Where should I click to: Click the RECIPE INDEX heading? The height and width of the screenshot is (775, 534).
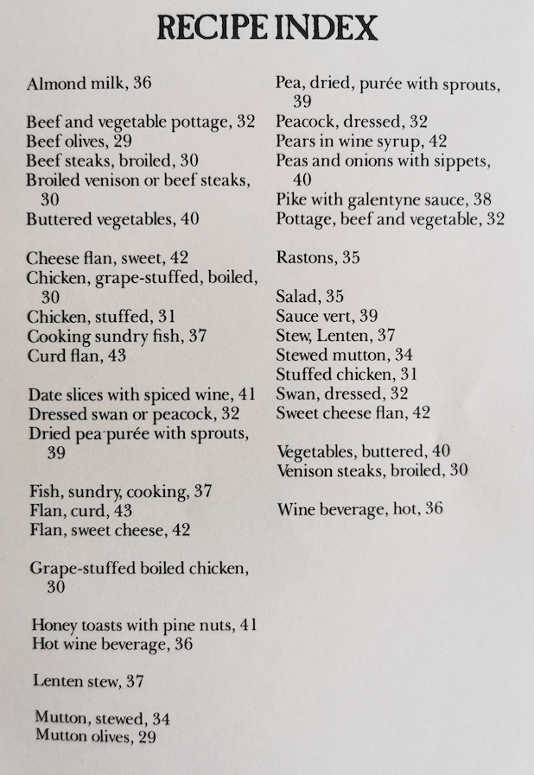[x=267, y=28]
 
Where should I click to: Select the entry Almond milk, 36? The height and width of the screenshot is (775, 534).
[x=89, y=84]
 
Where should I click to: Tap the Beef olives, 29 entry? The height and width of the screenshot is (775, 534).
[x=79, y=142]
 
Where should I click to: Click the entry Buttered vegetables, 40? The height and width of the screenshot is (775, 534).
[x=112, y=219]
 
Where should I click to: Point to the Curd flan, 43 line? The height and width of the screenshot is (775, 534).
[x=76, y=355]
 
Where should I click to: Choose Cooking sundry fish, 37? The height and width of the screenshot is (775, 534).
[x=117, y=336]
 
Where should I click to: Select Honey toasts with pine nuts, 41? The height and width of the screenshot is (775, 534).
[x=144, y=625]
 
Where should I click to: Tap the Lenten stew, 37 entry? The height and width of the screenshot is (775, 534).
[x=88, y=682]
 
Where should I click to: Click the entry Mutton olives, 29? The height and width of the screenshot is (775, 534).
[x=95, y=736]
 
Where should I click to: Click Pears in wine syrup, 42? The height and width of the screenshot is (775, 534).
[x=361, y=142]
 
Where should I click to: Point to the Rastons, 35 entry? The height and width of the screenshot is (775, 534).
[x=318, y=257]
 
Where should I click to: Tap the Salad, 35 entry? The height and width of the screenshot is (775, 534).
[x=309, y=297]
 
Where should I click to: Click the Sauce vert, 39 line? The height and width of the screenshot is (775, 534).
[x=327, y=317]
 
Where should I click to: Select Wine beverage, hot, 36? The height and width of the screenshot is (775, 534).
[x=359, y=509]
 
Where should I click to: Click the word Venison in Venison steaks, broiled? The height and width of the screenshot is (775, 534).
[x=305, y=470]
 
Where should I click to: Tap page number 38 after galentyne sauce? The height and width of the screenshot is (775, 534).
[x=482, y=200]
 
